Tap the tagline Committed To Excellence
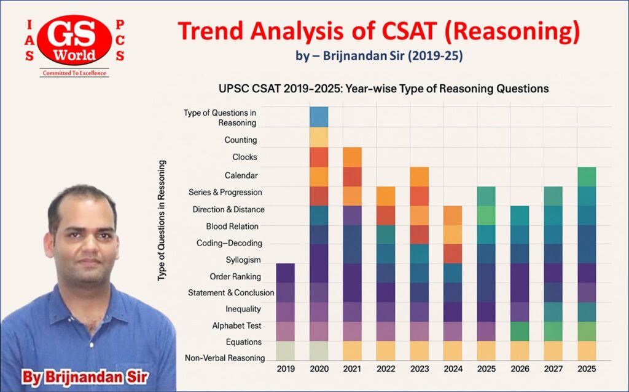[x=74, y=73]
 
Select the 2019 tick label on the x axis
[x=285, y=368]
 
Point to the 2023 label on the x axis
[x=420, y=368]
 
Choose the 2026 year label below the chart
[x=520, y=368]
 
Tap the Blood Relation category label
[x=232, y=226]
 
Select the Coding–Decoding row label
[x=230, y=243]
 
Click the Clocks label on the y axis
[x=244, y=157]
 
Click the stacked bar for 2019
[x=285, y=311]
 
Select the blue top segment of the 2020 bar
[x=319, y=116]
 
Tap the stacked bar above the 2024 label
[x=453, y=283]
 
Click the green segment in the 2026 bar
[x=520, y=331]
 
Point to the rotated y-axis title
[x=162, y=221]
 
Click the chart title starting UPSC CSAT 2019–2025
[x=384, y=89]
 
